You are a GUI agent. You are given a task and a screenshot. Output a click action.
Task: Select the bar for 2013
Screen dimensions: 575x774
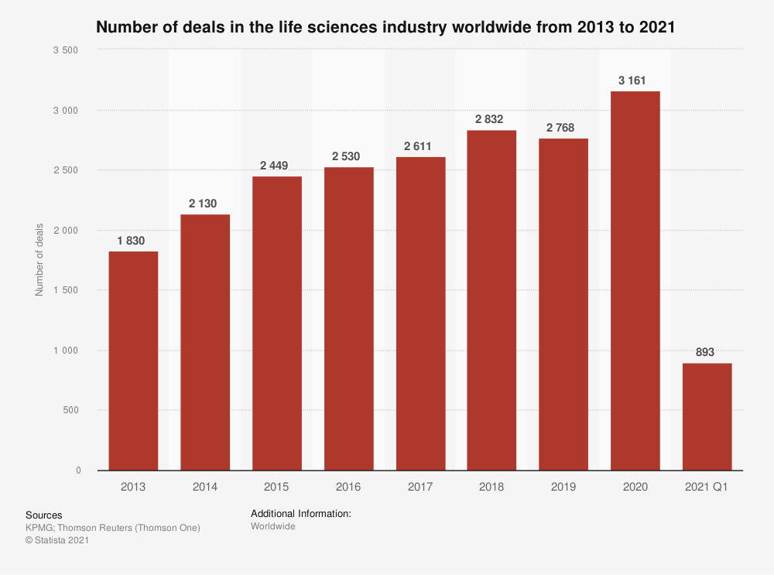[133, 361]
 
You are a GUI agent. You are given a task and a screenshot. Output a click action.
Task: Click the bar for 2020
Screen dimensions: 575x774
[635, 280]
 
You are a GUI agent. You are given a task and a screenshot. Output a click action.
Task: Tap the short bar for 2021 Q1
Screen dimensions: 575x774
[707, 416]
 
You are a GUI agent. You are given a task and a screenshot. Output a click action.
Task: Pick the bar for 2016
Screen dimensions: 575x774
[348, 318]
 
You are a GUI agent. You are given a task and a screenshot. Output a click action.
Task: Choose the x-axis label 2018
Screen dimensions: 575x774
[491, 487]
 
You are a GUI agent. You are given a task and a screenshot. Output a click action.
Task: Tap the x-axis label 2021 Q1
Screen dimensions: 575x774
[707, 487]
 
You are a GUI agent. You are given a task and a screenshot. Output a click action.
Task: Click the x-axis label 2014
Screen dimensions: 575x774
[204, 487]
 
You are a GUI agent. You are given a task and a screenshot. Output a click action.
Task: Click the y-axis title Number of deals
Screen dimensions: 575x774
[38, 260]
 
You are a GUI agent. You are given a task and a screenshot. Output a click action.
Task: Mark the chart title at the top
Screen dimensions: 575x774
[385, 28]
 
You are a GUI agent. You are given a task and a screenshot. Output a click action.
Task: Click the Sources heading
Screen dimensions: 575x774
[43, 515]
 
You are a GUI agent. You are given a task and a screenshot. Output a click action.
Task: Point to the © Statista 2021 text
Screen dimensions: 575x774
[57, 541]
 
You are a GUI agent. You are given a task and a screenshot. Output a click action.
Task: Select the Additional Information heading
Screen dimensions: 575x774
[301, 513]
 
